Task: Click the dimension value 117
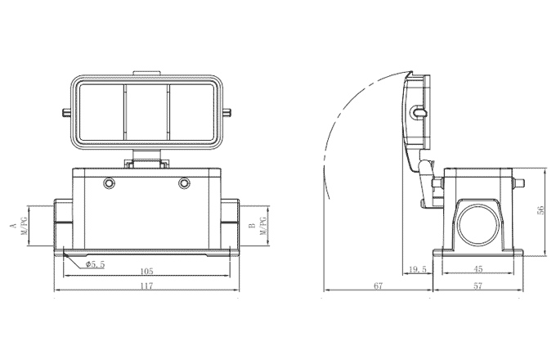146,286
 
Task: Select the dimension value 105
146,272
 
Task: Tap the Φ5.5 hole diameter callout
95,264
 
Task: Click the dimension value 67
379,286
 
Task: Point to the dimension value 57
479,286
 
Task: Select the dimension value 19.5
417,268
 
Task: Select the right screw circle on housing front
184,182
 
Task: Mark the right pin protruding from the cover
231,110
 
